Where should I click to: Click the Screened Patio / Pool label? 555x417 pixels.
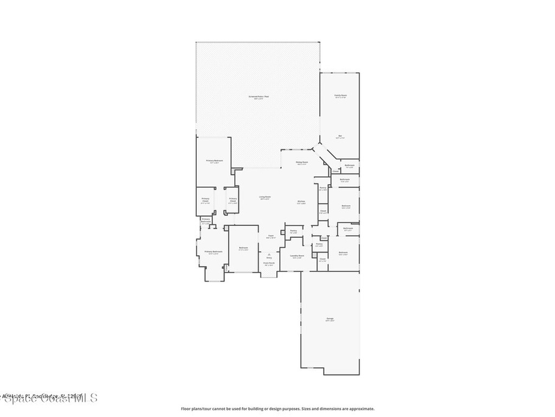click(259, 97)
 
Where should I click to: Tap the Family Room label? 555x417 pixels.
click(340, 95)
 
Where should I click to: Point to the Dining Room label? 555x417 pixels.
click(302, 162)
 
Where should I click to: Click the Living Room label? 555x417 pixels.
click(264, 197)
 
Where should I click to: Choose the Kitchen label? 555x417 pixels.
click(301, 201)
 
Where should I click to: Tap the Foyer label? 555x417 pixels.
click(270, 236)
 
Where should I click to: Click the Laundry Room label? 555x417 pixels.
click(297, 255)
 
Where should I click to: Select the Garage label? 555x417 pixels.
click(330, 318)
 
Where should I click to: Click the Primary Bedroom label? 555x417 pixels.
click(215, 161)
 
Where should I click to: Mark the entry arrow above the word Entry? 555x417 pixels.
click(269, 254)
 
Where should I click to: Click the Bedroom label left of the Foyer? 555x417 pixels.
click(243, 248)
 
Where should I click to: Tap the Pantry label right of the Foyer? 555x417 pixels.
click(293, 231)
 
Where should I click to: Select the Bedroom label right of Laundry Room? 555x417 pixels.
click(343, 252)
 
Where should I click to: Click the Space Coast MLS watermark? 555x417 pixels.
click(49, 398)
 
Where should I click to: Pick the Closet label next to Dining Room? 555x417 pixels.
click(335, 171)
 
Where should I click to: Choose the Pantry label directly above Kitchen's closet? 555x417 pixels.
click(322, 188)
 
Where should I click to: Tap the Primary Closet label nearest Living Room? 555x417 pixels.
click(232, 199)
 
